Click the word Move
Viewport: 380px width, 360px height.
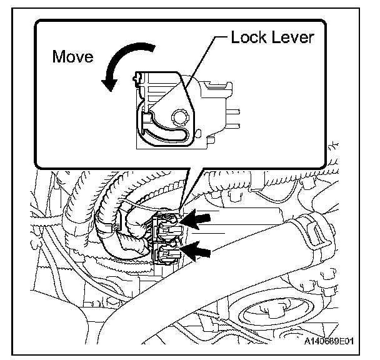pyautogui.click(x=72, y=57)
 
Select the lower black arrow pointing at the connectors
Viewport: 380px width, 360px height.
pyautogui.click(x=196, y=251)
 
